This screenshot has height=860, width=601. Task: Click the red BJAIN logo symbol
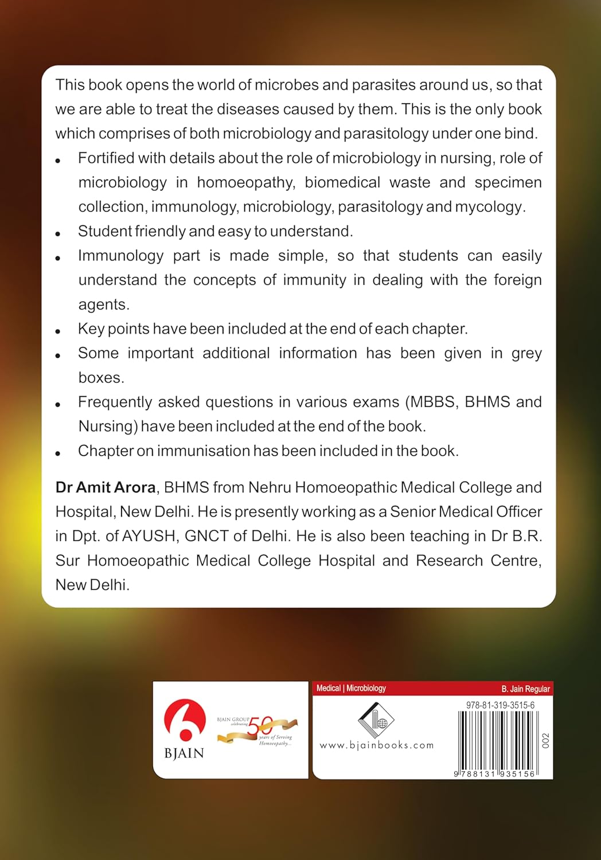pos(185,720)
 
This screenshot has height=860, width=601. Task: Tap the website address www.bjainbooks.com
pos(376,745)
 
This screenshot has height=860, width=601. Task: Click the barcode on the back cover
pos(497,743)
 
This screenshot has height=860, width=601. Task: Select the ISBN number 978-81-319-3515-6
pos(500,705)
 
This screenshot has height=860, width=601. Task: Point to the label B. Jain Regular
pos(525,689)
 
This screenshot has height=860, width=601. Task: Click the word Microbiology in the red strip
pos(366,688)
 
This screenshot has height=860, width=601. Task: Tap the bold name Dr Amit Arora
pos(106,487)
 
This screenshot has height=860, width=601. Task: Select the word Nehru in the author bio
pos(269,487)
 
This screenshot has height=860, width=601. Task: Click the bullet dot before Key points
pos(58,331)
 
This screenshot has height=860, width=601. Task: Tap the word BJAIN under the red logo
pos(184,753)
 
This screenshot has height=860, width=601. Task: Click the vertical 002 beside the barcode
pos(545,741)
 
